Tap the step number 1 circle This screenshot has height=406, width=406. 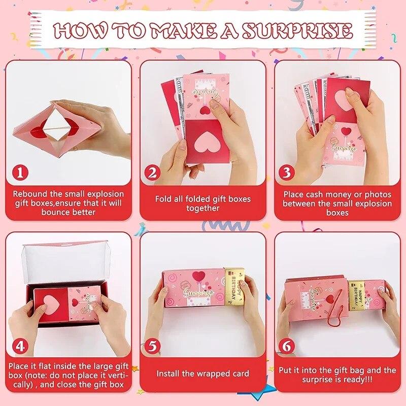click(20, 173)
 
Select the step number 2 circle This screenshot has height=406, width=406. click(153, 173)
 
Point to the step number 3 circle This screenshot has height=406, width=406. click(287, 173)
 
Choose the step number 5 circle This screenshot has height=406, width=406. click(153, 346)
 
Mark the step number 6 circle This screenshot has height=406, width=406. click(287, 346)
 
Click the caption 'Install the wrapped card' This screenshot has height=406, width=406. click(202, 374)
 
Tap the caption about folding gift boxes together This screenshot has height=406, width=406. click(202, 204)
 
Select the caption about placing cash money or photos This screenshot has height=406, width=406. click(337, 204)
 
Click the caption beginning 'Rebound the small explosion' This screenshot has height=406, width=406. click(68, 203)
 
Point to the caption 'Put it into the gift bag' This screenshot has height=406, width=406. click(337, 375)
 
